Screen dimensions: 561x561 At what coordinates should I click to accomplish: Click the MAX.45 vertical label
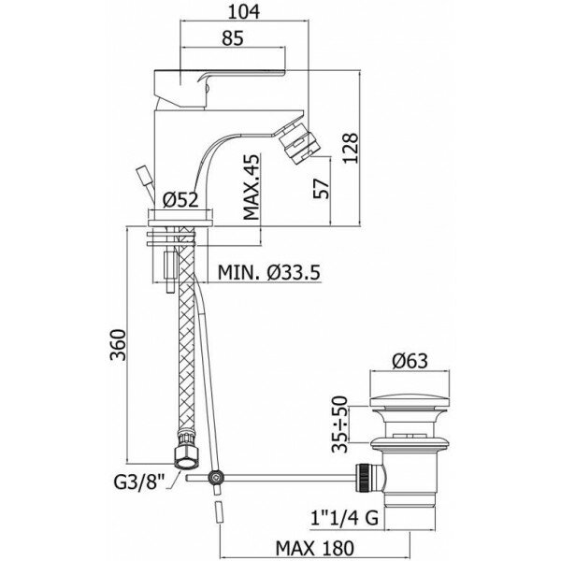pyautogui.click(x=251, y=188)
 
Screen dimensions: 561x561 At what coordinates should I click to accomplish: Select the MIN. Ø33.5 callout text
pyautogui.click(x=271, y=273)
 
